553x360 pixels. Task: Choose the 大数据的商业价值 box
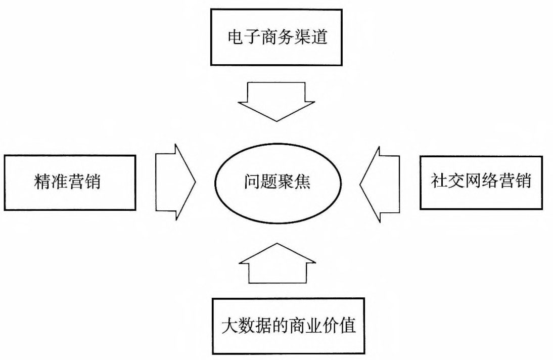pos(289,326)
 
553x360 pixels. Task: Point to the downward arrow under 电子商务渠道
pos(276,101)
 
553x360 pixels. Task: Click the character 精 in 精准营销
pos(42,182)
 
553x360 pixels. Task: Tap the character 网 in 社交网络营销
pos(473,182)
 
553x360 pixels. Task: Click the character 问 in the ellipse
pos(251,182)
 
